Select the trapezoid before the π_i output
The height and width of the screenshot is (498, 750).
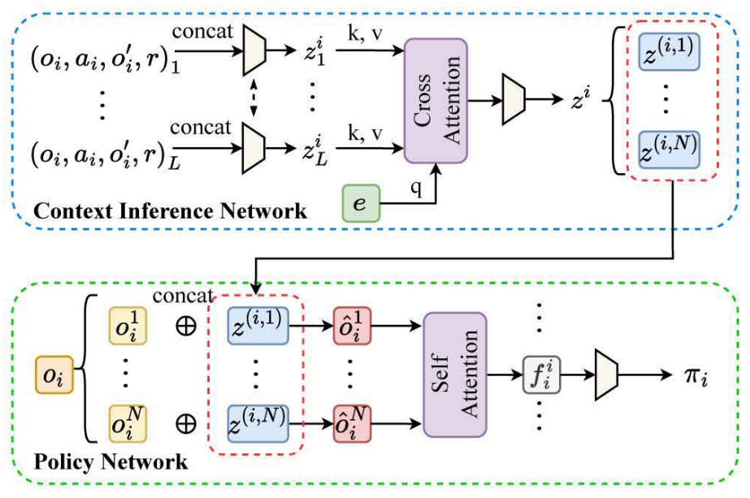point(608,375)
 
